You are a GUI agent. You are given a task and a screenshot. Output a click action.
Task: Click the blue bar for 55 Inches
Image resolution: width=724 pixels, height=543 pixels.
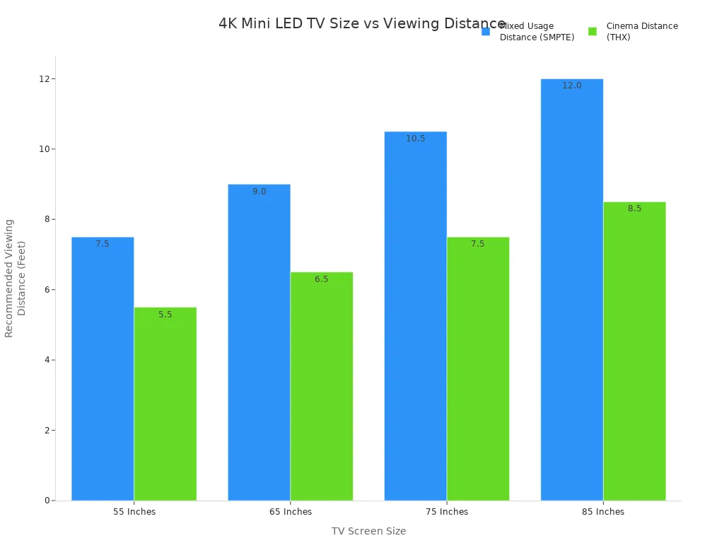(x=103, y=368)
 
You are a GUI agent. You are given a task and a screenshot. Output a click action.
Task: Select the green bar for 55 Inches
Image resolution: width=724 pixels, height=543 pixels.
(x=165, y=404)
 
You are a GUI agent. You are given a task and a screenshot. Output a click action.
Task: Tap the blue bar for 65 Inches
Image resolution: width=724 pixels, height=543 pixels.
(x=259, y=342)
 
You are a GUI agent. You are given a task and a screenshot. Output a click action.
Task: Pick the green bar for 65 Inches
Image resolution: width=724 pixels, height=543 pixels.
(x=322, y=386)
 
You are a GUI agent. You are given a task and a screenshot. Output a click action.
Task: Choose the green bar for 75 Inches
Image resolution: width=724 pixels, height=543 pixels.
(x=478, y=368)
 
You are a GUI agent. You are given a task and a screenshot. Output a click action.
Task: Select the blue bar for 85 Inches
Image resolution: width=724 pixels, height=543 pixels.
(x=572, y=290)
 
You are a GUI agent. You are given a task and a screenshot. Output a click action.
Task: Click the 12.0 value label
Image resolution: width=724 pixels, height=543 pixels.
(x=572, y=86)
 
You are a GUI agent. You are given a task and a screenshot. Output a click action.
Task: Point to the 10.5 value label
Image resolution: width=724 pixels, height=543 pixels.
(x=416, y=139)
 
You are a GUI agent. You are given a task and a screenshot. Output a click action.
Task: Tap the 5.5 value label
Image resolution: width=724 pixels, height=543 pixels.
(x=165, y=315)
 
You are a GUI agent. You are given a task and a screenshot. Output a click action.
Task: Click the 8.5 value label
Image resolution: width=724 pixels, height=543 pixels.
(x=634, y=209)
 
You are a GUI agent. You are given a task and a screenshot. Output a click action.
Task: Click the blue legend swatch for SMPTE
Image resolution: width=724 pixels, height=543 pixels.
(x=486, y=32)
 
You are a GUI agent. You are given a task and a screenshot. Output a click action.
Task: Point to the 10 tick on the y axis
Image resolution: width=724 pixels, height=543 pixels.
(x=43, y=149)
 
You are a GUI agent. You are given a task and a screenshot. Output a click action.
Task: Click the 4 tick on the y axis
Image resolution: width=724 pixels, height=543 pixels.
(x=46, y=360)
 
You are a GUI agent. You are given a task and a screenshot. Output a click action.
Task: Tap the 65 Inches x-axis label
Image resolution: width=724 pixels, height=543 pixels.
(x=290, y=512)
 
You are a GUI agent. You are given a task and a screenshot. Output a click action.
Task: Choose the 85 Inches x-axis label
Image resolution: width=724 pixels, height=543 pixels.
(x=603, y=512)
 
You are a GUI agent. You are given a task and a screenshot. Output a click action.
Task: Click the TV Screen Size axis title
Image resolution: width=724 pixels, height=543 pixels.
(x=368, y=531)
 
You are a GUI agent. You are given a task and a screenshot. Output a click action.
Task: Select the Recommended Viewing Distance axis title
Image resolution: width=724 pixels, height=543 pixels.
(x=15, y=278)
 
